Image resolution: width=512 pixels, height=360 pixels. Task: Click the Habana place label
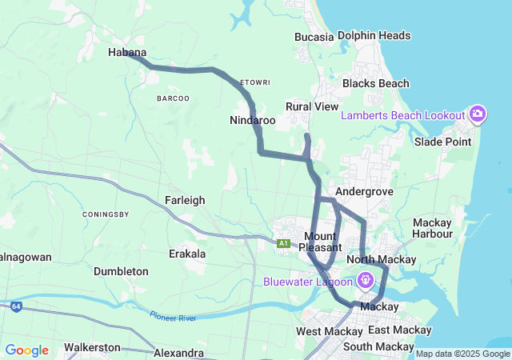point(127,53)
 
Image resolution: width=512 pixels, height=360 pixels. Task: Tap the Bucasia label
point(314,37)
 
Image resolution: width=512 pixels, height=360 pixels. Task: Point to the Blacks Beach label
point(375,83)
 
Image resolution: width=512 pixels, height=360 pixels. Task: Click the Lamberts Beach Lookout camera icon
point(478,114)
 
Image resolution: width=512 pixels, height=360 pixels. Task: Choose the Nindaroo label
point(252,120)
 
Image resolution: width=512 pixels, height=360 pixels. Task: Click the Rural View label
point(312,106)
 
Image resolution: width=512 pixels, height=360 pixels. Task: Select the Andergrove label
point(361,192)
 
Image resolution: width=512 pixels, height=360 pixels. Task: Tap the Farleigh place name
point(185,200)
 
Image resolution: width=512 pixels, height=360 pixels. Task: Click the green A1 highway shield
point(283,243)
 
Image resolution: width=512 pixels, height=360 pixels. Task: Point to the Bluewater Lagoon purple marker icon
point(366,281)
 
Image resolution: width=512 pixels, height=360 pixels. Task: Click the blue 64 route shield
point(16,306)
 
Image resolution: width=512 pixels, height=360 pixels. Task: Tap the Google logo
point(26,350)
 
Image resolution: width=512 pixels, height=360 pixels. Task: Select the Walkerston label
point(92,347)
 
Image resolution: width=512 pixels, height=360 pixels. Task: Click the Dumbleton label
point(121,271)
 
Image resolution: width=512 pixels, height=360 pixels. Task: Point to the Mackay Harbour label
point(432,228)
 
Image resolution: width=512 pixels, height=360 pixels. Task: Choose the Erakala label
point(187,254)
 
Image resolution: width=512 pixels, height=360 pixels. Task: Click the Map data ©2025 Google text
point(462,354)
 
